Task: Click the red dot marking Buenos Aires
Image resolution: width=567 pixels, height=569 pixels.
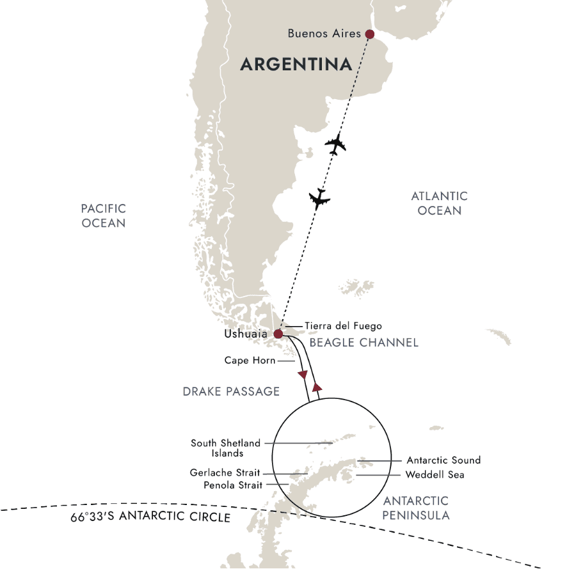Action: [369, 34]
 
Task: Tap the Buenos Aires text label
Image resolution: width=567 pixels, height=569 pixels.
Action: [324, 33]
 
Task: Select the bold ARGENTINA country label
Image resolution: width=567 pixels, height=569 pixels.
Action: [296, 64]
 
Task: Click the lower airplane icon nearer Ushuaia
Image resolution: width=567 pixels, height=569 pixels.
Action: [319, 199]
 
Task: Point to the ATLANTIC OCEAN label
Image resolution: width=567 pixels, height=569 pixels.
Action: [439, 203]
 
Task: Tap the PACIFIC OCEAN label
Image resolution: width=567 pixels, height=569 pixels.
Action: [104, 216]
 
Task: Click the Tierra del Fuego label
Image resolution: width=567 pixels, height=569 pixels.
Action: [344, 326]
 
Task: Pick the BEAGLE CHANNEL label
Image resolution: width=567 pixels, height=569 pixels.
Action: [363, 343]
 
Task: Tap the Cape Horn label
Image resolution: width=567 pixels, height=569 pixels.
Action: [250, 361]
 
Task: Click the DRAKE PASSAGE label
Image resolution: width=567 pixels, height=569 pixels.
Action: [231, 391]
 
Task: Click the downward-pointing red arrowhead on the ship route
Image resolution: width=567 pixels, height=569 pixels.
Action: [303, 375]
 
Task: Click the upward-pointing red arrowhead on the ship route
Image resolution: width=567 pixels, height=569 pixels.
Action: [315, 387]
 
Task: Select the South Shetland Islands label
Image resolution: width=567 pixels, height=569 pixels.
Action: [225, 448]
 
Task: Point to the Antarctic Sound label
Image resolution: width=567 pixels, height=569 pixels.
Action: [443, 460]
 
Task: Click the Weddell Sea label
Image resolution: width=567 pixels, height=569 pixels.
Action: [435, 475]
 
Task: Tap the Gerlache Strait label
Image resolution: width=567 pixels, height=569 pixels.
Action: [225, 473]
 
